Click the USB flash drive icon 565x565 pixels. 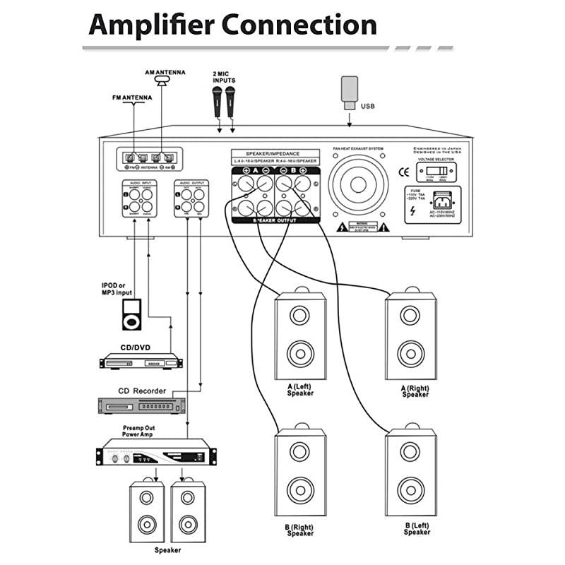(x=350, y=90)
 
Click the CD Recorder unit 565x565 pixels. (x=141, y=405)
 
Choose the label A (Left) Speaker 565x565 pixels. (x=300, y=390)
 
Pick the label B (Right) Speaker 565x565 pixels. (x=300, y=530)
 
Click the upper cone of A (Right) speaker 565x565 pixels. (x=410, y=314)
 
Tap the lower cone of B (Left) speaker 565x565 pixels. (x=410, y=489)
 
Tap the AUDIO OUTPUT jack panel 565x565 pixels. (x=191, y=201)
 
